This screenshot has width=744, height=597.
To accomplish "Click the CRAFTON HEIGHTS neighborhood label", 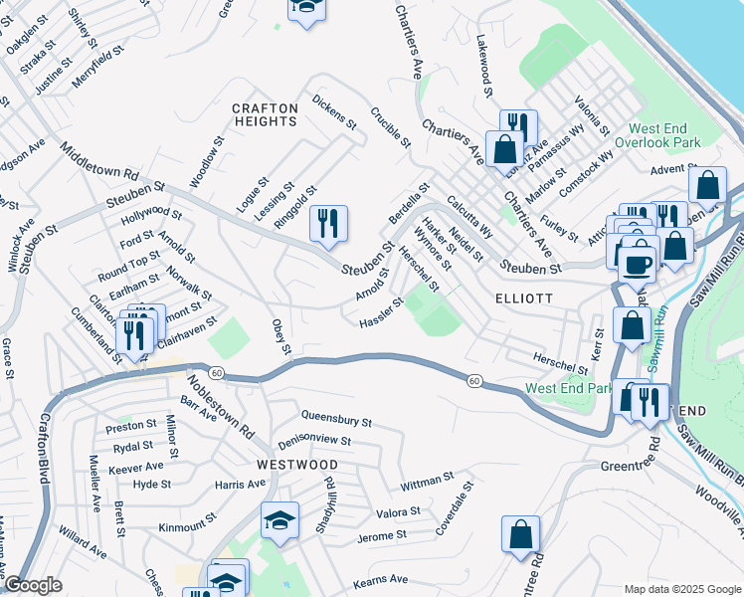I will click(x=265, y=114).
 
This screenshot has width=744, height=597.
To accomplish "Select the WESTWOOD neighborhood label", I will click(x=296, y=465).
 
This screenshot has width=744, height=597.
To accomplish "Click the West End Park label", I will click(x=569, y=388).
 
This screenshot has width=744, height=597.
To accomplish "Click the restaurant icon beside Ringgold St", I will click(x=328, y=225).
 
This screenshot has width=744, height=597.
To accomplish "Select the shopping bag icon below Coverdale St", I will click(x=520, y=535).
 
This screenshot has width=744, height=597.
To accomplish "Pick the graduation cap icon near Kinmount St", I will click(x=279, y=520).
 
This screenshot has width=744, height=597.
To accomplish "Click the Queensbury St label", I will click(x=335, y=421).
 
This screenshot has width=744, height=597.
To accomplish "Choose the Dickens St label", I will click(x=333, y=112).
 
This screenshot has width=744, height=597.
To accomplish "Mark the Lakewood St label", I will click(x=485, y=67).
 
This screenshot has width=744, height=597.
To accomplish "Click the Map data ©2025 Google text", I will click(x=681, y=589).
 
